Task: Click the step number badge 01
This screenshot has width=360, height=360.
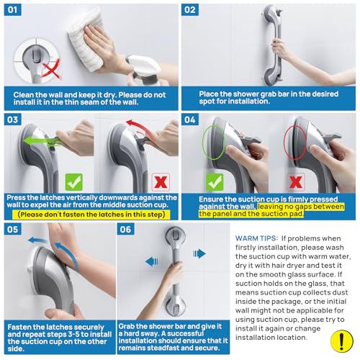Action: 14,11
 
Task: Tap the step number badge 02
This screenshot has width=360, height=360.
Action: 190,11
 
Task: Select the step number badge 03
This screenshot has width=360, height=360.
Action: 14,119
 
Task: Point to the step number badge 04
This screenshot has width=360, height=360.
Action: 190,119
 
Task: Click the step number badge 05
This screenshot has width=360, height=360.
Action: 14,230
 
